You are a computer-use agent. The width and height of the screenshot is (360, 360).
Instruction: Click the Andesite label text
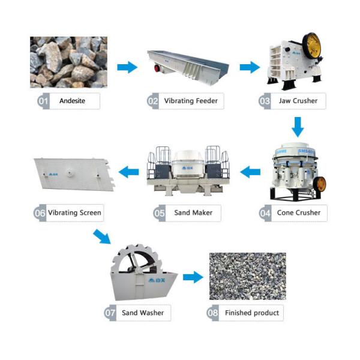[72, 101]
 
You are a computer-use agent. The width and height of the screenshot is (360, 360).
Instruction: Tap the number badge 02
[153, 101]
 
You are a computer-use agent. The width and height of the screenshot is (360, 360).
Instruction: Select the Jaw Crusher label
[298, 101]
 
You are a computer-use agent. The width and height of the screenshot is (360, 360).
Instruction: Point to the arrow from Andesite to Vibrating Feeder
[127, 67]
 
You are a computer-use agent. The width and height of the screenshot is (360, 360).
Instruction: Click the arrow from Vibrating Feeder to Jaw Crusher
[250, 67]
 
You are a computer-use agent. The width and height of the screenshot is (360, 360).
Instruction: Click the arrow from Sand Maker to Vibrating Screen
[128, 173]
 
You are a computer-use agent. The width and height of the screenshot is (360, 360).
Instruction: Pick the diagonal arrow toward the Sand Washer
[102, 236]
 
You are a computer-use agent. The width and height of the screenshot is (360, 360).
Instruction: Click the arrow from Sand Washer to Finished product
[193, 277]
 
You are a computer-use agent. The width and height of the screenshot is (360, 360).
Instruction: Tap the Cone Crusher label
[298, 212]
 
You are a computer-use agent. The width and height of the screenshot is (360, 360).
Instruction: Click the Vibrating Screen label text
[74, 212]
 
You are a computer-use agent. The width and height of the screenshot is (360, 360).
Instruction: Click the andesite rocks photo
[68, 62]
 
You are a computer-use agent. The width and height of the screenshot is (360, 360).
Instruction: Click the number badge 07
[110, 313]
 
